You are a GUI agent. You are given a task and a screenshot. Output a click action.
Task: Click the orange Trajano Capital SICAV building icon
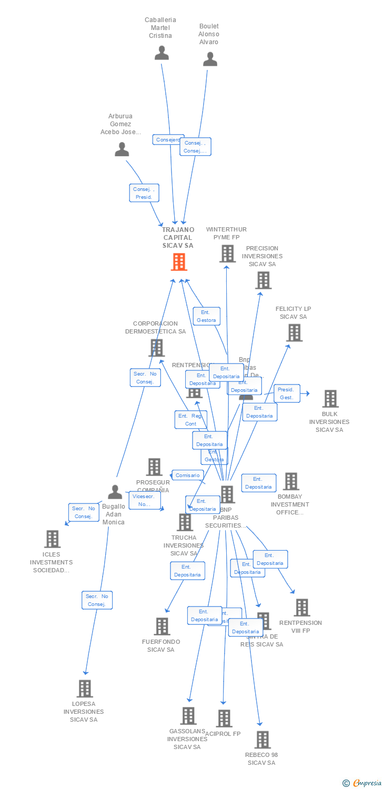tap(179, 262)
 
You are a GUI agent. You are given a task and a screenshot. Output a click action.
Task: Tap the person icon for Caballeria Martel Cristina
tap(162, 53)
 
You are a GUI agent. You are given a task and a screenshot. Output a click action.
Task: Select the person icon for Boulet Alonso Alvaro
tap(210, 59)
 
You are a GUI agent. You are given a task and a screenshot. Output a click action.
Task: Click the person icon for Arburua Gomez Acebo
tap(122, 150)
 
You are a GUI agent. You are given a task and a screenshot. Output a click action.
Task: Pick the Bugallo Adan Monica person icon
tap(115, 492)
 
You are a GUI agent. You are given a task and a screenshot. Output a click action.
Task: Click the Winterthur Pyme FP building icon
tap(227, 254)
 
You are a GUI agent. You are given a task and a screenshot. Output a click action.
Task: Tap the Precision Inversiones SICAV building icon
tap(263, 280)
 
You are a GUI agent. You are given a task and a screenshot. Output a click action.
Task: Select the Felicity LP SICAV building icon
tap(294, 332)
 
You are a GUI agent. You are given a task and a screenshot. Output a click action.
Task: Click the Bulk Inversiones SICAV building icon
tap(330, 399)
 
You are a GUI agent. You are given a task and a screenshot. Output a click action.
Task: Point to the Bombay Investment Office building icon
tap(291, 481)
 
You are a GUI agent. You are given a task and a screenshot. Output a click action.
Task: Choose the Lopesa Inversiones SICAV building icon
tap(84, 689)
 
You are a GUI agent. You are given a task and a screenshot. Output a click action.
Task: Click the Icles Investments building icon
tap(52, 539)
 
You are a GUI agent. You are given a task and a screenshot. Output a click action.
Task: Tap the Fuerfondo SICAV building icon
tap(162, 626)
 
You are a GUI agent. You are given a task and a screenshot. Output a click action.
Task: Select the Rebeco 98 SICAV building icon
tap(262, 740)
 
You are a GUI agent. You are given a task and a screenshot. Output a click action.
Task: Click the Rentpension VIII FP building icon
tap(301, 608)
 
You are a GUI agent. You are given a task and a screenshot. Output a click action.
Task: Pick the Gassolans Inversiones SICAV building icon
tap(188, 716)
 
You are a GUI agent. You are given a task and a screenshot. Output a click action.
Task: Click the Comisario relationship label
tap(188, 475)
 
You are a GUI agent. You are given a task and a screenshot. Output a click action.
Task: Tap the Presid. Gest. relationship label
tap(287, 393)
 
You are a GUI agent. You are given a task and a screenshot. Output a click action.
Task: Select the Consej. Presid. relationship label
tap(144, 193)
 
